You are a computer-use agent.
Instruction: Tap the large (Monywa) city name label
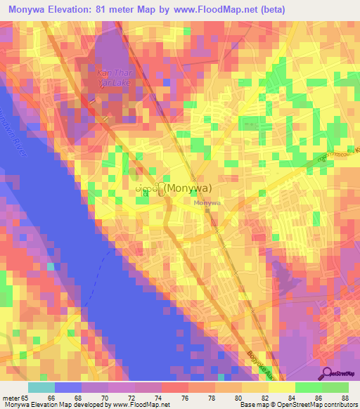tap(186, 188)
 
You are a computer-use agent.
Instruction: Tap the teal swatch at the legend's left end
tap(41, 387)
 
